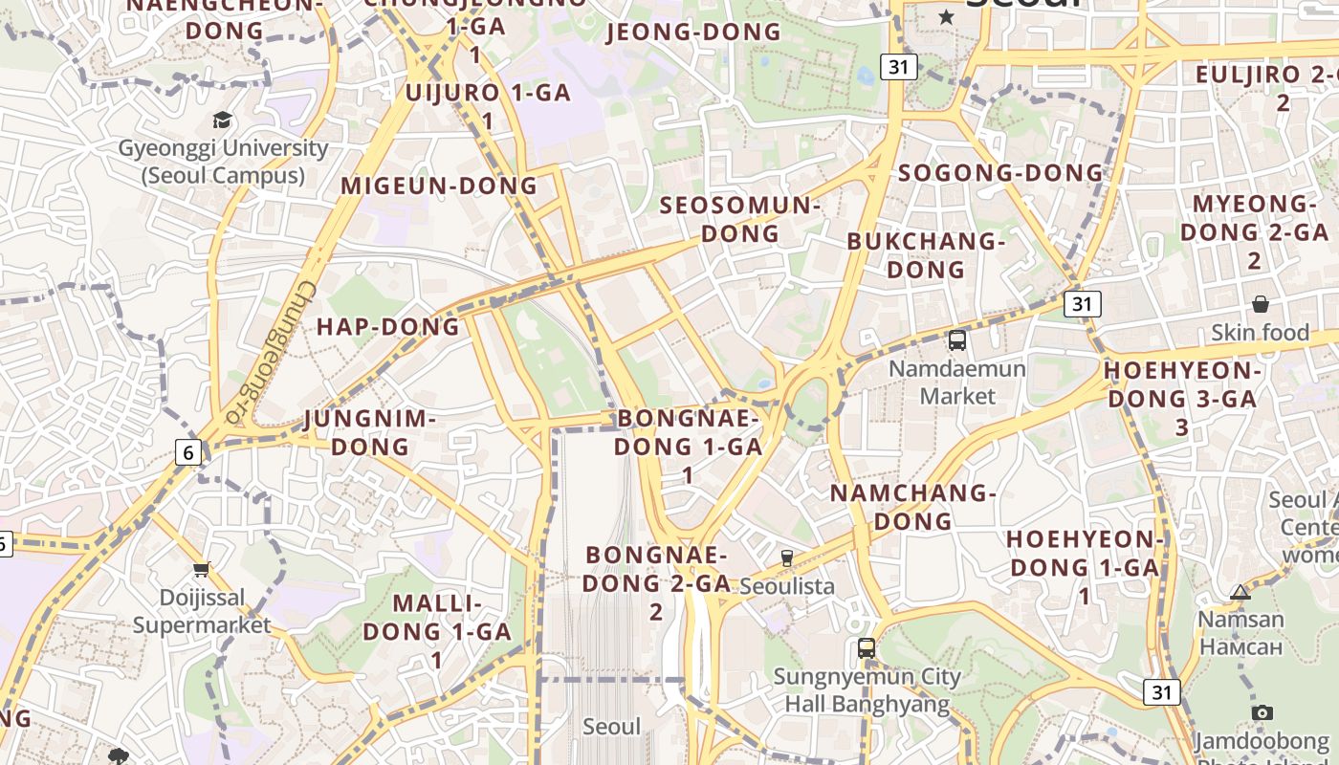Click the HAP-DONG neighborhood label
pos(388,327)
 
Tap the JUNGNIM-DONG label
pos(369,432)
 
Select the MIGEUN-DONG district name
pos(439,186)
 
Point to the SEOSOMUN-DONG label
pos(740,219)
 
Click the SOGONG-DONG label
pos(1000,173)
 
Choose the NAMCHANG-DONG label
pos(913,507)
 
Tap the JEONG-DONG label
pos(694,33)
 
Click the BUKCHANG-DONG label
pos(926,255)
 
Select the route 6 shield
pos(188,453)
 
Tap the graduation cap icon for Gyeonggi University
pos(222,120)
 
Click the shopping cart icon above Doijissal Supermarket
pos(201,570)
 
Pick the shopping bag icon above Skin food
pos(1261,304)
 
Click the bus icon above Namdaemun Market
pos(956,339)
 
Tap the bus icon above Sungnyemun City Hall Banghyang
pos(867,647)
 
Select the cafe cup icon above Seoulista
pos(787,557)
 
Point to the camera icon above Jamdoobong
pos(1262,712)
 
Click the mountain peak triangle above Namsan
pos(1240,592)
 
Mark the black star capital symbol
pos(946,16)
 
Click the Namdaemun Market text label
pos(956,382)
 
